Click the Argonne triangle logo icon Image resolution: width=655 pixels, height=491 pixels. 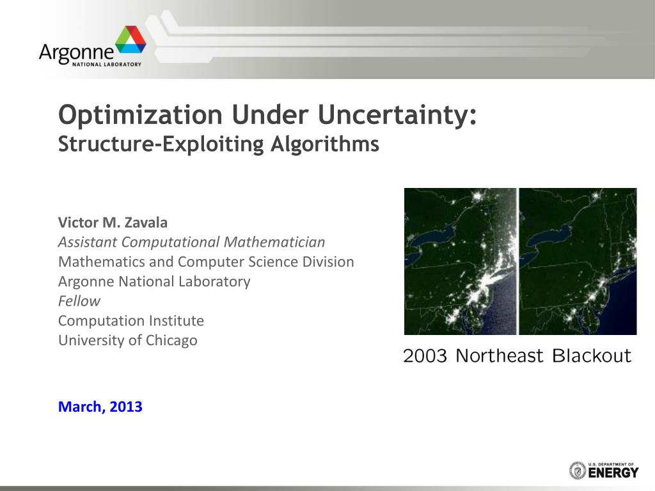130,41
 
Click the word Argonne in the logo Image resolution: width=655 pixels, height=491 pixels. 76,51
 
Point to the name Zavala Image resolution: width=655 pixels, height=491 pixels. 146,222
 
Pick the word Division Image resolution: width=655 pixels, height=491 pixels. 327,262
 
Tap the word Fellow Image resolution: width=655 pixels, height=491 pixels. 79,301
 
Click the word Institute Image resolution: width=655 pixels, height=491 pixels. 177,320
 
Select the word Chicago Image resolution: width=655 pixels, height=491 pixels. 171,340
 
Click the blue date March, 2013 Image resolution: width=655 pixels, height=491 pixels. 100,407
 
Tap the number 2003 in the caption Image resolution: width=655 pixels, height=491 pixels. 425,356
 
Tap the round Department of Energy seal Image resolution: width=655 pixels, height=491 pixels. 578,471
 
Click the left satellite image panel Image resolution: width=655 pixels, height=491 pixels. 460,261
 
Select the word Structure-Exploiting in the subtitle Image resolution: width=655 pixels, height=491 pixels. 161,144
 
